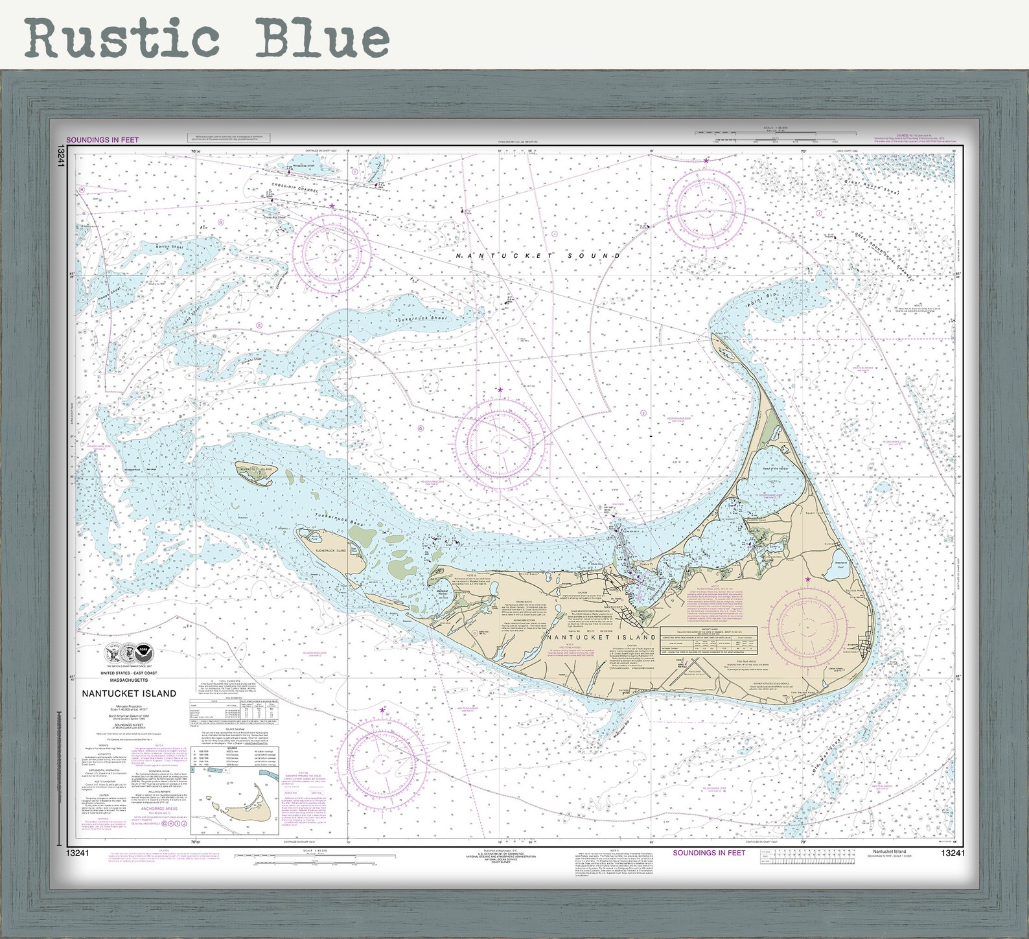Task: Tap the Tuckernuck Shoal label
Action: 421,319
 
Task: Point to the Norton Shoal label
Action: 170,247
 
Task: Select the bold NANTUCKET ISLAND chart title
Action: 129,693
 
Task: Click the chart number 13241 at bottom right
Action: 953,853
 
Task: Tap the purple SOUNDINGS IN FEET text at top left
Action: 102,140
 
